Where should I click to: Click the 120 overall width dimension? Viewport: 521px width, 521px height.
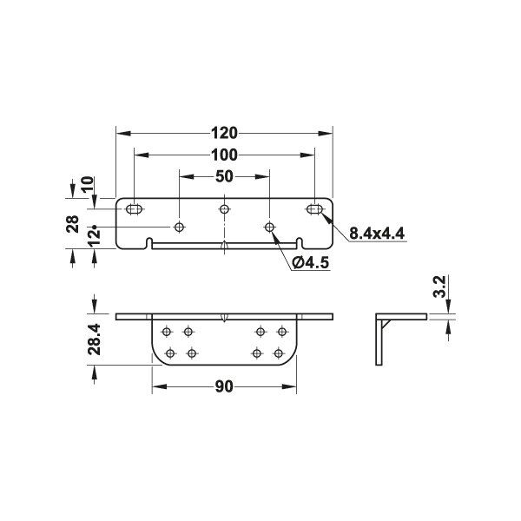click(x=225, y=133)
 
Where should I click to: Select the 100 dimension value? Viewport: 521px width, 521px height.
click(x=225, y=155)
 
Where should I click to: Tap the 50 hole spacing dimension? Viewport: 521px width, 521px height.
click(x=224, y=176)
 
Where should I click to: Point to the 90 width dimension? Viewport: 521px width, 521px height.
click(x=224, y=386)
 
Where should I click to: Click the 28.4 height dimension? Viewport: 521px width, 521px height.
click(x=95, y=340)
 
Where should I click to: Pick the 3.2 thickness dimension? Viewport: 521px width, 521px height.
click(x=440, y=286)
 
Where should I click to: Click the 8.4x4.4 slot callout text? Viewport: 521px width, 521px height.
click(x=377, y=234)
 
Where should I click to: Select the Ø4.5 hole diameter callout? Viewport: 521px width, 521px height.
click(x=311, y=262)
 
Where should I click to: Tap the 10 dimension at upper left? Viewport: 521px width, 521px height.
click(x=88, y=185)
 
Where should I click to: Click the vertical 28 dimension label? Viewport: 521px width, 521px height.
click(x=73, y=224)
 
